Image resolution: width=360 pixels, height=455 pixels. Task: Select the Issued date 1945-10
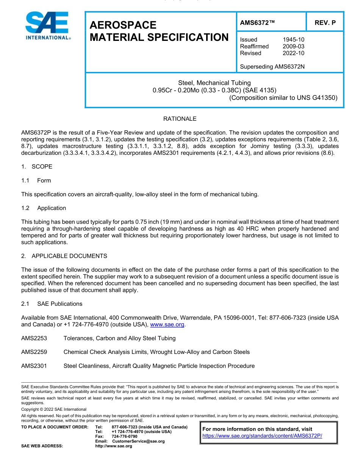click(x=293, y=39)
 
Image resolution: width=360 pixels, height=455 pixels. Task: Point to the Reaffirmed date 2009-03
click(x=293, y=46)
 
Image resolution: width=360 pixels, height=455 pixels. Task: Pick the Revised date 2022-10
click(x=293, y=53)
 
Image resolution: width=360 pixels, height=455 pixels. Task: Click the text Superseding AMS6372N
click(x=272, y=67)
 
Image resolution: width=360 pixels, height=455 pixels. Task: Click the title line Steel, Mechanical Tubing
click(x=214, y=83)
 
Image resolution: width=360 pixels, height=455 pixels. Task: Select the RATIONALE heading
click(x=180, y=119)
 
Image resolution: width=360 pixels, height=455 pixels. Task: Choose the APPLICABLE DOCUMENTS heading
click(x=69, y=256)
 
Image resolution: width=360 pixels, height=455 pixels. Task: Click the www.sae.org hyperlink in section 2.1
click(x=167, y=324)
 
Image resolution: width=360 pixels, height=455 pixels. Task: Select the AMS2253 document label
click(x=34, y=338)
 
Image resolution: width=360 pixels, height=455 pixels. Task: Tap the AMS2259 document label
click(x=34, y=352)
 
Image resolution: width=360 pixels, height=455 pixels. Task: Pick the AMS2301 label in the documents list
click(x=34, y=366)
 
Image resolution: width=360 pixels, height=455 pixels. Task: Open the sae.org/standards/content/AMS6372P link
click(x=262, y=436)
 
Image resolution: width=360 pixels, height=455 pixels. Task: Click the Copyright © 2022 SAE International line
click(x=54, y=409)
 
